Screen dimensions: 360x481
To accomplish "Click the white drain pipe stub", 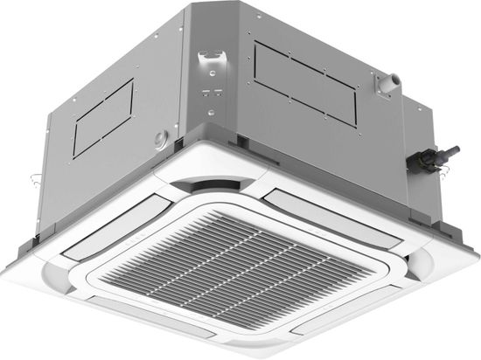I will coord(385,81).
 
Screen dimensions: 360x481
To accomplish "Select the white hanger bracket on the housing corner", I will coord(210,63).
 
